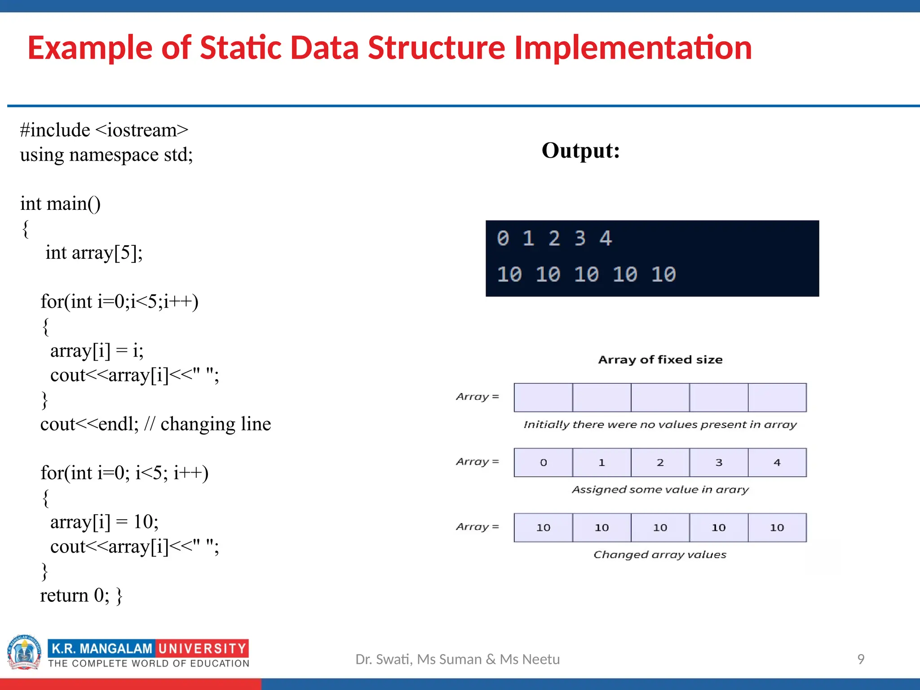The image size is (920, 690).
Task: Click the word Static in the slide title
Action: pyautogui.click(x=240, y=48)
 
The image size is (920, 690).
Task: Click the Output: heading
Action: pyautogui.click(x=580, y=151)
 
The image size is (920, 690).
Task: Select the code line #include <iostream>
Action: pyautogui.click(x=104, y=130)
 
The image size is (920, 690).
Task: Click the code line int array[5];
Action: pyautogui.click(x=94, y=253)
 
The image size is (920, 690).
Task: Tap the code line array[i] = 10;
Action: pyautogui.click(x=104, y=522)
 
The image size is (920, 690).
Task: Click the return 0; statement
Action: pyautogui.click(x=75, y=596)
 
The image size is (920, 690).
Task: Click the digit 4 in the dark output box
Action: pyautogui.click(x=606, y=239)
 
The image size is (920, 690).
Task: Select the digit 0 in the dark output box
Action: pyautogui.click(x=503, y=239)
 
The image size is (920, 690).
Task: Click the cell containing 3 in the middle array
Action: pyautogui.click(x=719, y=463)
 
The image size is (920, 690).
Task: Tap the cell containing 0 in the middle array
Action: pyautogui.click(x=543, y=463)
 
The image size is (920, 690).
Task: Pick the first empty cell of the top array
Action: pyautogui.click(x=543, y=398)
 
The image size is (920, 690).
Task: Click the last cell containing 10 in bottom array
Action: pyautogui.click(x=777, y=528)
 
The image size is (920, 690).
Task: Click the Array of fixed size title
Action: pyautogui.click(x=660, y=360)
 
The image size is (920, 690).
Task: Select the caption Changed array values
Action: pyautogui.click(x=659, y=555)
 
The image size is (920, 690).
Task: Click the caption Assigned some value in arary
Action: pyautogui.click(x=660, y=490)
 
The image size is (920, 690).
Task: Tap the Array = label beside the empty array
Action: pyautogui.click(x=477, y=397)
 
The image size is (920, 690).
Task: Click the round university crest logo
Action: pyautogui.click(x=24, y=652)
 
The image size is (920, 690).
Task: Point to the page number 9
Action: pyautogui.click(x=861, y=659)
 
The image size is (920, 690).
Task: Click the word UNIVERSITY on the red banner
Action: pyautogui.click(x=202, y=649)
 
